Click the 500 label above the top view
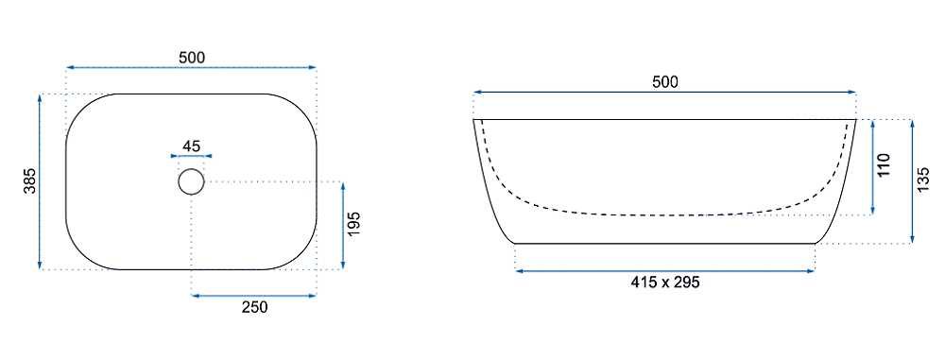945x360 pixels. click(x=192, y=58)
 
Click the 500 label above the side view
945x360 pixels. click(x=665, y=82)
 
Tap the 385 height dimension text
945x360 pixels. click(x=29, y=181)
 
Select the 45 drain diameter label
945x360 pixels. click(x=191, y=146)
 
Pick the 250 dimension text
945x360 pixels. click(x=254, y=307)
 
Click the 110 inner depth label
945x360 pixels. click(x=884, y=165)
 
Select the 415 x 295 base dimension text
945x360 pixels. click(x=664, y=282)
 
